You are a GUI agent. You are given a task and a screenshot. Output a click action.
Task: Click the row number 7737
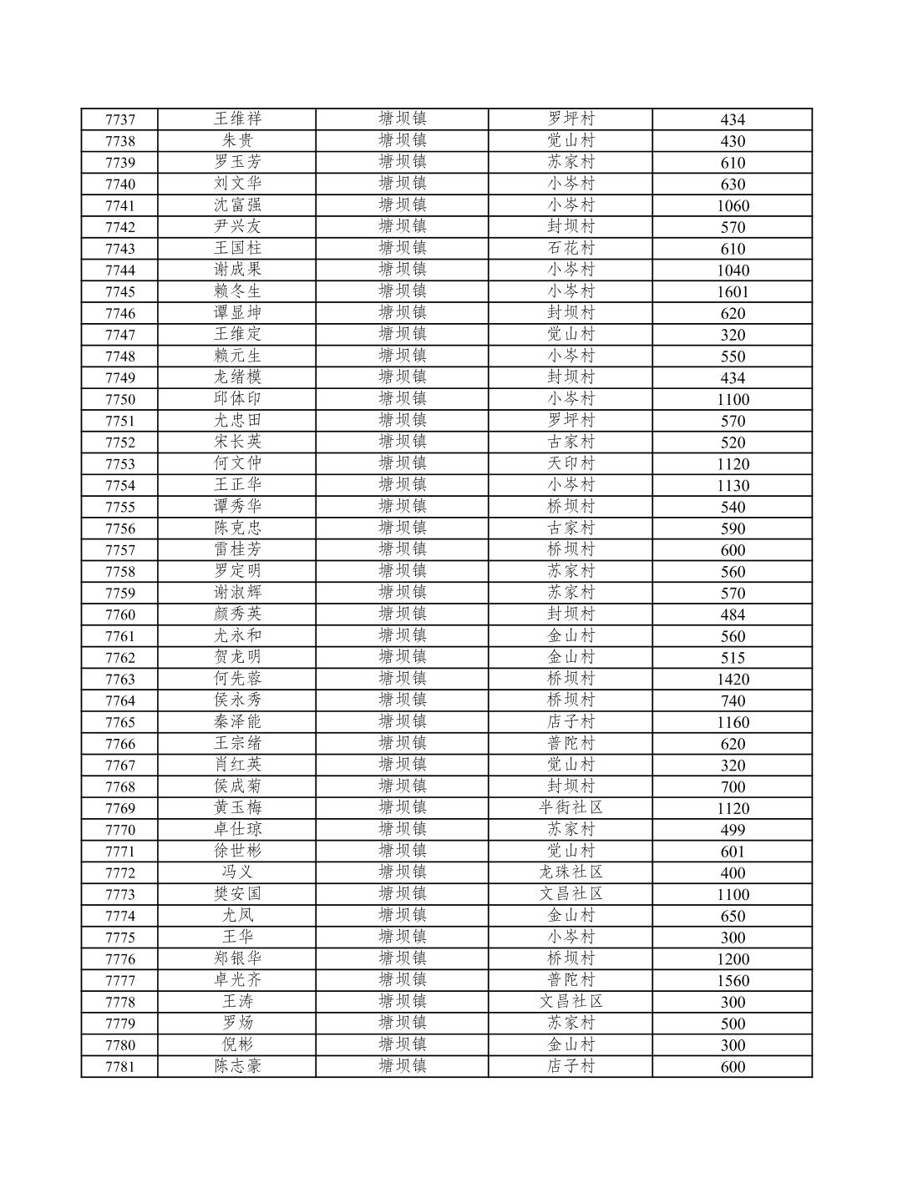[x=119, y=119]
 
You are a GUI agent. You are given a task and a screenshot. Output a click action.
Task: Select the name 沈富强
[x=237, y=205]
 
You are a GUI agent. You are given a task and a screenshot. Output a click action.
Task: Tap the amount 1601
[x=733, y=291]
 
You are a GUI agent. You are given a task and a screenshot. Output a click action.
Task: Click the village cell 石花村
[x=571, y=248]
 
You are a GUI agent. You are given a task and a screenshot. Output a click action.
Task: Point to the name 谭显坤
[x=237, y=313]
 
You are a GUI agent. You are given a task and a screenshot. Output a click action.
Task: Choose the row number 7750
[x=119, y=399]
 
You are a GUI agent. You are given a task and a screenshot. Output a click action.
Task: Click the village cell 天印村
[x=571, y=463]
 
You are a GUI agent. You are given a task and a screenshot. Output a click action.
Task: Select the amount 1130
[x=733, y=485]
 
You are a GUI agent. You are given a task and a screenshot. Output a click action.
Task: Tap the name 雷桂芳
[x=237, y=549]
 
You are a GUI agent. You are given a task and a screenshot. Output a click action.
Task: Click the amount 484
[x=733, y=614]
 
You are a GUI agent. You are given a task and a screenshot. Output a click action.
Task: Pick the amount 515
[x=733, y=658]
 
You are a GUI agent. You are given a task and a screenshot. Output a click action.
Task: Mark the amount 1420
[x=733, y=679]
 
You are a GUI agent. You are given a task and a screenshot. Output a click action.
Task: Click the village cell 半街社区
[x=571, y=807]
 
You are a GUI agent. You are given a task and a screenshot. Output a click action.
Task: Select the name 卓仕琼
[x=237, y=829]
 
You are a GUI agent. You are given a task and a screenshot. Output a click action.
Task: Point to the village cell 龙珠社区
[x=571, y=872]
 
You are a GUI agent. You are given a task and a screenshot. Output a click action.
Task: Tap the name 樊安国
[x=237, y=894]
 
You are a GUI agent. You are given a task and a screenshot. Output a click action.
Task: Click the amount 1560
[x=733, y=980]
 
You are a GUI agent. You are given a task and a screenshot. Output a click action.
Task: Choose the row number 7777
[x=119, y=980]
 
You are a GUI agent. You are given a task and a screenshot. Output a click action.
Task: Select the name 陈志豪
[x=237, y=1066]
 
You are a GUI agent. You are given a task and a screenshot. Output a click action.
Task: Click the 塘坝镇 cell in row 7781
[x=402, y=1066]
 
